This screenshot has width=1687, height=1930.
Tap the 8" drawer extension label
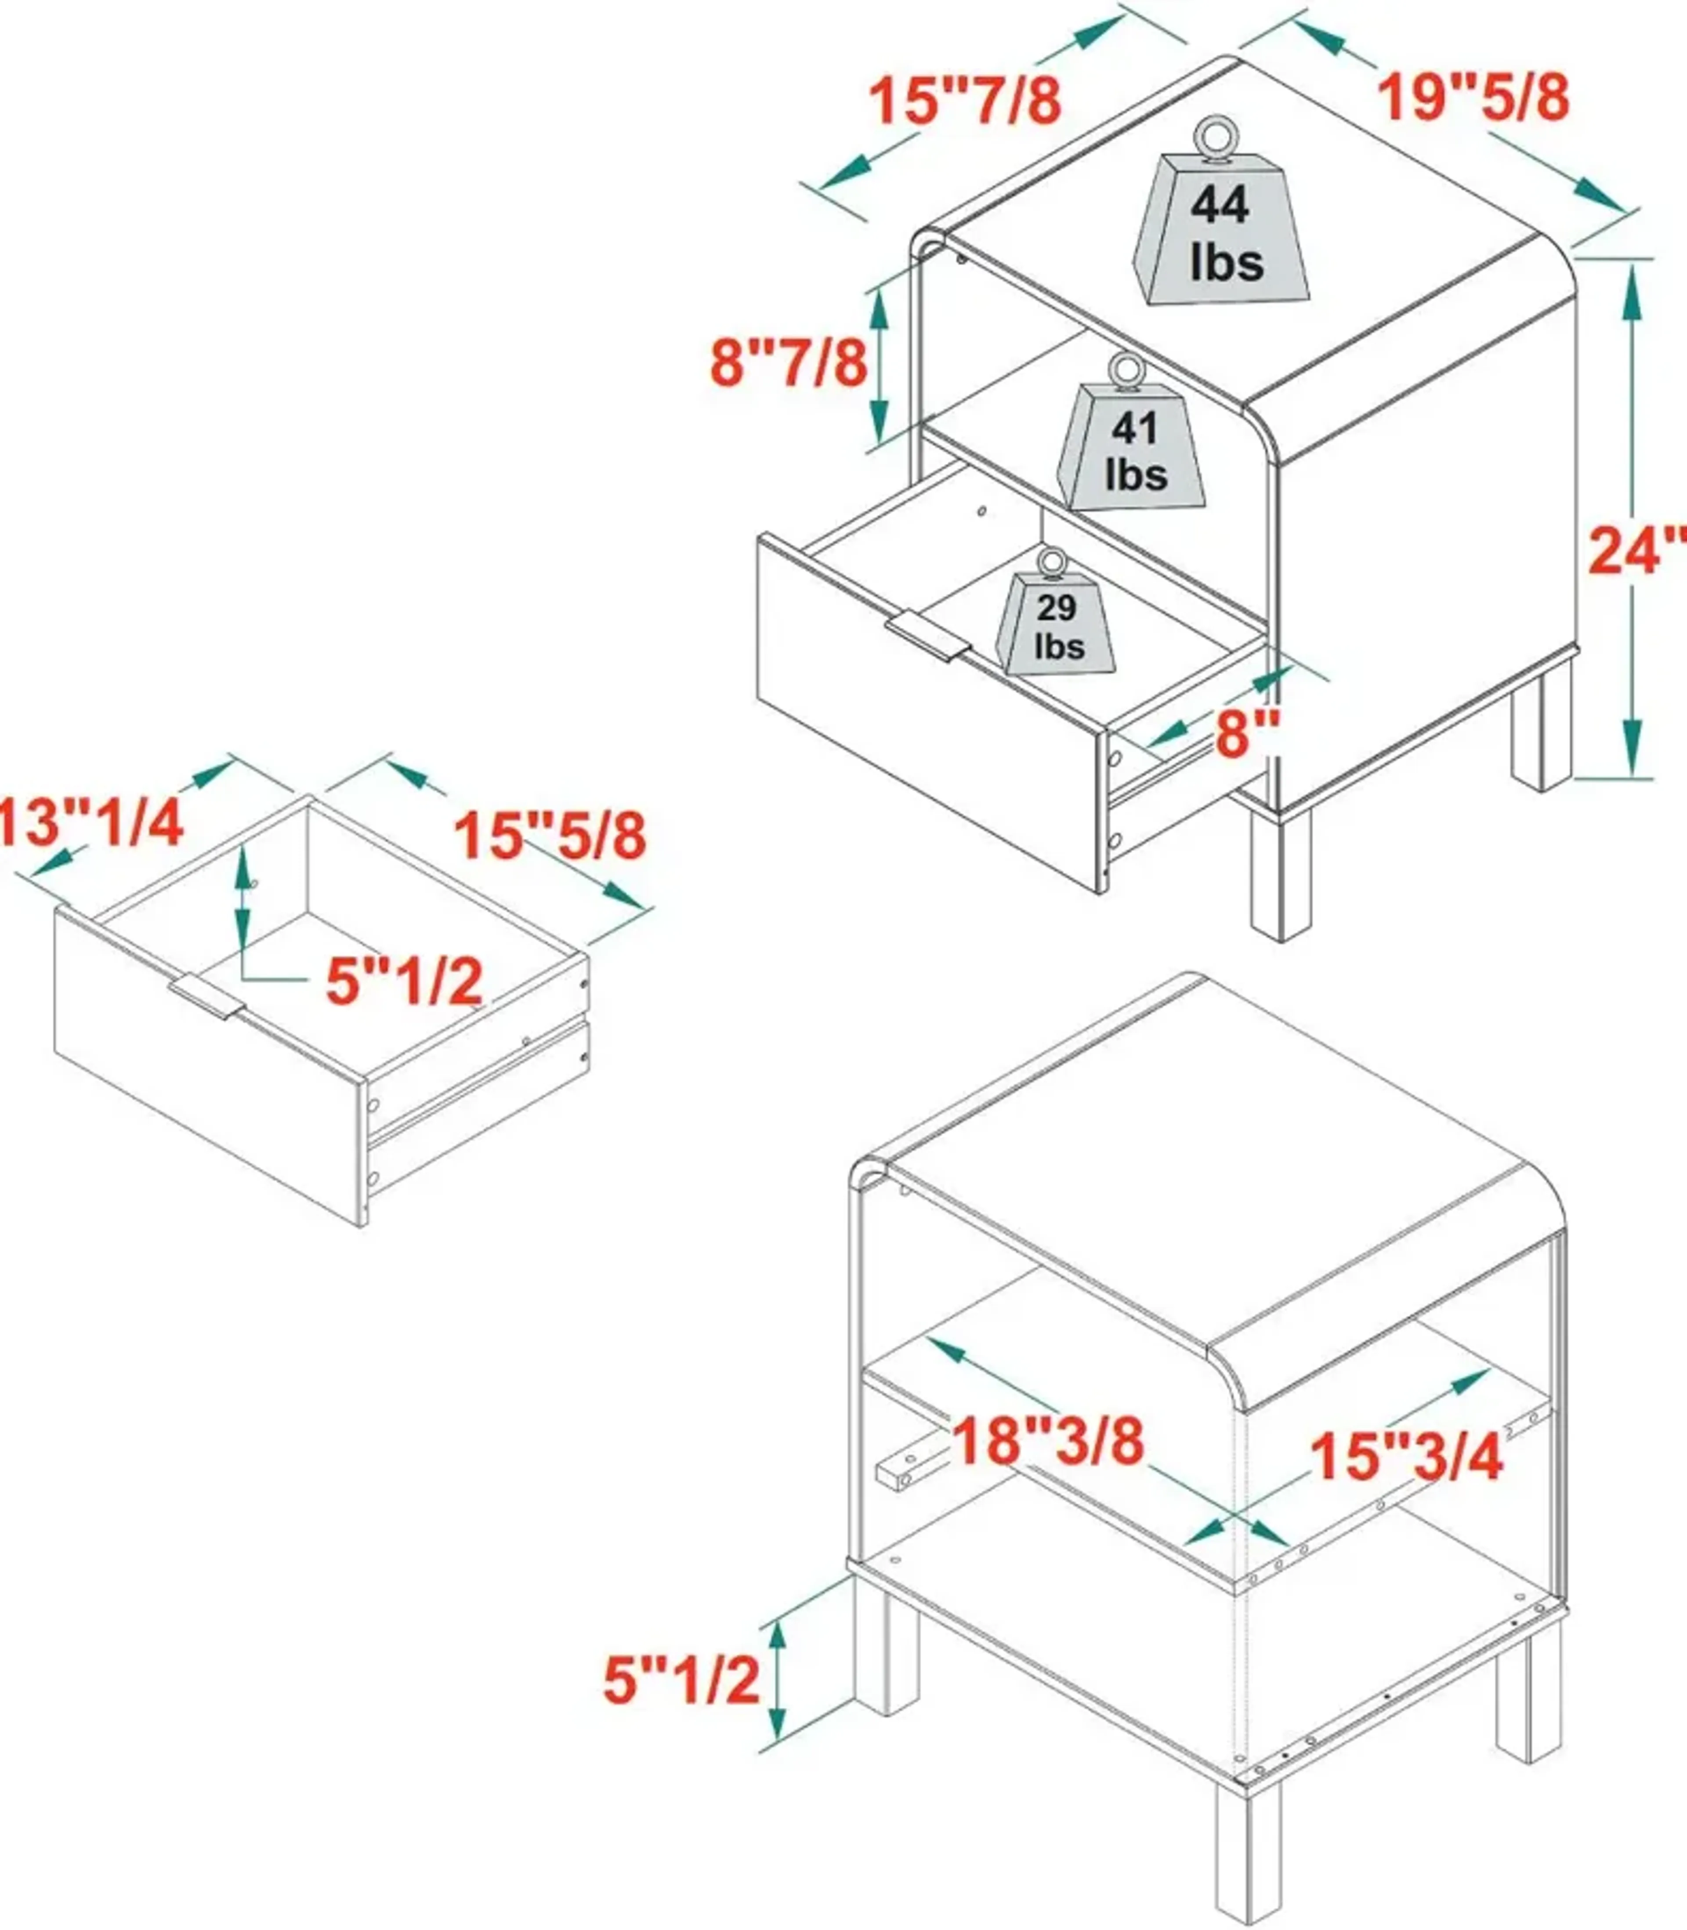1247,733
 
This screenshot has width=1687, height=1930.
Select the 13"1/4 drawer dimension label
90,823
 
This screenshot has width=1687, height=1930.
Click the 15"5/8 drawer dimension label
551,835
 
